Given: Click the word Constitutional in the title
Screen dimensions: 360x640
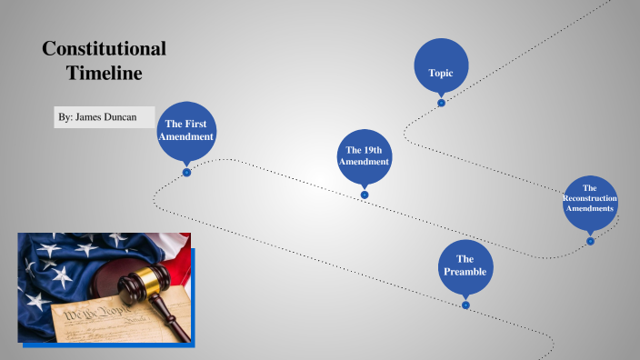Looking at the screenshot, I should [x=104, y=49].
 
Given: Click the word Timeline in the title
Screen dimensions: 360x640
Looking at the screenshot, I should [x=104, y=74].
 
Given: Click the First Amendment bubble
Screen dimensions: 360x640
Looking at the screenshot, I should [x=186, y=130].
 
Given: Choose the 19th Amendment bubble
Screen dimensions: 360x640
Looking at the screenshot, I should [x=364, y=155].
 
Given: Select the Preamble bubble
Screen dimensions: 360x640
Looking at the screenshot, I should [x=465, y=265].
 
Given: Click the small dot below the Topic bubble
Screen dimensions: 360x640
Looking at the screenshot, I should [x=441, y=103].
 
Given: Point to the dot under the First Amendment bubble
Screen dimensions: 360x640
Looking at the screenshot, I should [x=186, y=172].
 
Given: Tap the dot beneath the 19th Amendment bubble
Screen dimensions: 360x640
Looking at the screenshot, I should [x=365, y=195].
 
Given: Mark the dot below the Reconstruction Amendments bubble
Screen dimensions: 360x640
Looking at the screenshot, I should [x=590, y=241].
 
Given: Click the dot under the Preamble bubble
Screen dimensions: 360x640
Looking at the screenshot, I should [x=465, y=305].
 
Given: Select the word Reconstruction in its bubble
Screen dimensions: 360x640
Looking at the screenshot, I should [x=590, y=198].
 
